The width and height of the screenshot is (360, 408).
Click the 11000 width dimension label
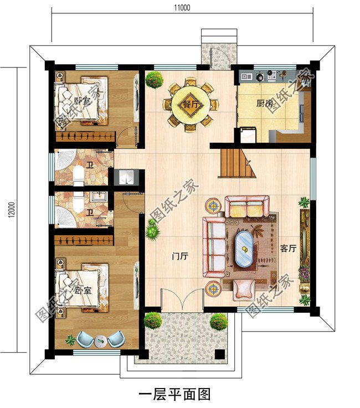click(x=182, y=8)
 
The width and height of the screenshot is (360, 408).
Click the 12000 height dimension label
click(x=12, y=209)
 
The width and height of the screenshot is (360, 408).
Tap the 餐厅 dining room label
click(x=191, y=105)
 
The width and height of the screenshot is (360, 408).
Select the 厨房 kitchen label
click(x=265, y=104)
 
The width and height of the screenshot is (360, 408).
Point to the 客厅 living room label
click(x=288, y=249)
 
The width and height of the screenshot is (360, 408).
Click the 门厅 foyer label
click(x=180, y=256)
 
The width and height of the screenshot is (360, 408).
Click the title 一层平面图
click(x=174, y=394)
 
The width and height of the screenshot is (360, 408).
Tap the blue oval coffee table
click(x=244, y=249)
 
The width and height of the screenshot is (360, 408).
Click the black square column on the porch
click(x=220, y=354)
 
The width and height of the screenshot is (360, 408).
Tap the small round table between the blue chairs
click(x=100, y=340)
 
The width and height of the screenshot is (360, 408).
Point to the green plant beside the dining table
click(x=155, y=80)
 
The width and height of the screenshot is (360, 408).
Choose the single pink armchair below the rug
click(x=244, y=290)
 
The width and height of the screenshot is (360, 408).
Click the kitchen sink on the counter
click(x=246, y=76)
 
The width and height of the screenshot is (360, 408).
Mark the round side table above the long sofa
click(x=213, y=205)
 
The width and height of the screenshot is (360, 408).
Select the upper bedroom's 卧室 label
click(x=82, y=101)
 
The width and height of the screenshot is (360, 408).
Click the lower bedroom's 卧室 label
click(x=83, y=290)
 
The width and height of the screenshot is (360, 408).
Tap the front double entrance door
click(x=182, y=299)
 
